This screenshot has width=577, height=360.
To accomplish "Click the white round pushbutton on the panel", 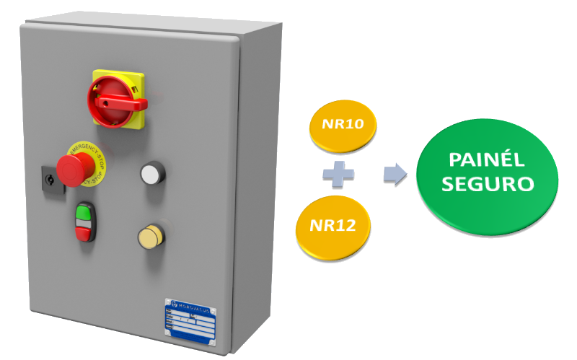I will pyautogui.click(x=151, y=173).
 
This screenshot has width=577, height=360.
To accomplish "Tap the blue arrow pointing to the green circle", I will pyautogui.click(x=394, y=174).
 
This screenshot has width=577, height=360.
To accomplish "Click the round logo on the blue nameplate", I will pyautogui.click(x=169, y=303).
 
